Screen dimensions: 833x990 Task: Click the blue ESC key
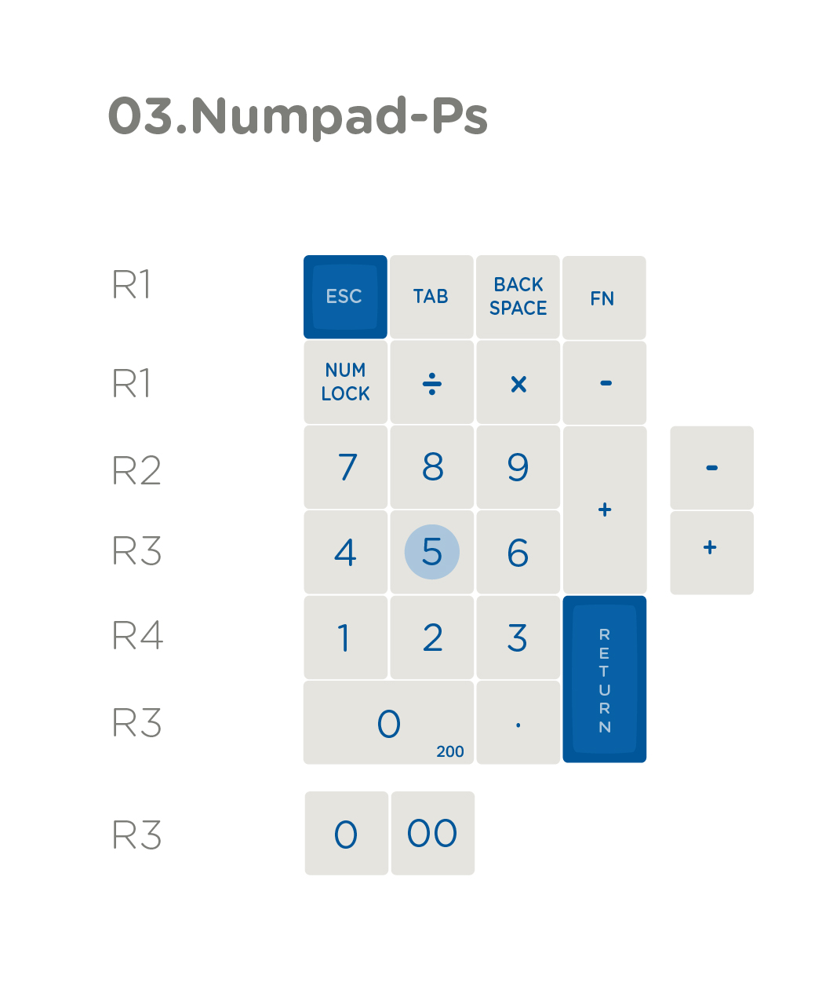[345, 297]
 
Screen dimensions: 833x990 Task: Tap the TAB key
[431, 297]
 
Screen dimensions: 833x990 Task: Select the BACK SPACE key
[518, 297]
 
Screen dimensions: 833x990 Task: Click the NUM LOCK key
[345, 382]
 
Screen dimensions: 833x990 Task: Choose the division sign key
[431, 382]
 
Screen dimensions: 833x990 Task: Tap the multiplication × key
[518, 382]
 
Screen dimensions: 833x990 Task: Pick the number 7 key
[345, 467]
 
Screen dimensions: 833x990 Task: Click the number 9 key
[518, 467]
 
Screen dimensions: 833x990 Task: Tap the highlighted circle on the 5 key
[431, 551]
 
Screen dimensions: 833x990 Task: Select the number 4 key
[345, 552]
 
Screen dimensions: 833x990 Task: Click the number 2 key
[431, 637]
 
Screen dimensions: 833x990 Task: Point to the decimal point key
[518, 722]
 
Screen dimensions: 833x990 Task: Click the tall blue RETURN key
[604, 679]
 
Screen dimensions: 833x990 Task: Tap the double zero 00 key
[433, 833]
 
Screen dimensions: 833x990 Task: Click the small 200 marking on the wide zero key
[449, 751]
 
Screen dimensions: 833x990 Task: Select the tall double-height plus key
[605, 510]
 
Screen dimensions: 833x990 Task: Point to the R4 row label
[137, 635]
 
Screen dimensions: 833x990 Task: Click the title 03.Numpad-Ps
[297, 116]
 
